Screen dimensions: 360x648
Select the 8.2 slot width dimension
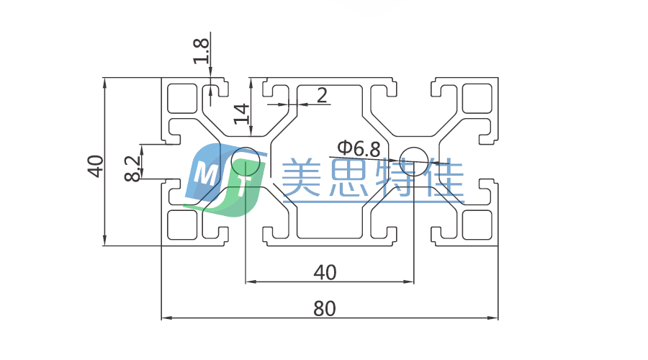coord(132,167)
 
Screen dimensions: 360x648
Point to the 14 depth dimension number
coord(242,114)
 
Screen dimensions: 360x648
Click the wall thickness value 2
coord(321,94)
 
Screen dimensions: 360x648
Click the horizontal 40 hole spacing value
coord(325,272)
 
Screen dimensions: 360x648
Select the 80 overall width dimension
coord(325,308)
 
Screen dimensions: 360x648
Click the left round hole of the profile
coord(246,161)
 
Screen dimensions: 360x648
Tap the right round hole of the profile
coord(414,159)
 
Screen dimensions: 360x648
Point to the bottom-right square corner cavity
coord(475,225)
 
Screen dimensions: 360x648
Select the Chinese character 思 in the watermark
coord(348,178)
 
